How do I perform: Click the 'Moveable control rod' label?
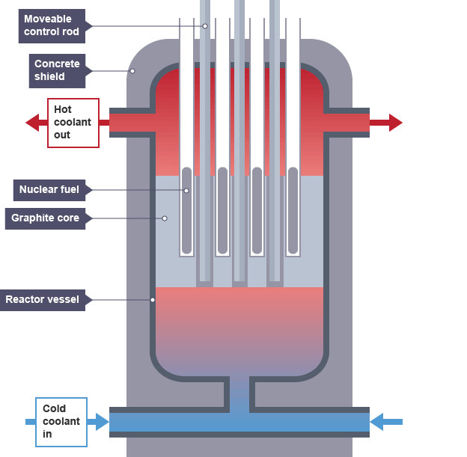pos(52,25)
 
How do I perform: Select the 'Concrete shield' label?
pos(57,70)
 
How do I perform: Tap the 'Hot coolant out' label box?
pos(73,123)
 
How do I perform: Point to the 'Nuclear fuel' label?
pos(49,190)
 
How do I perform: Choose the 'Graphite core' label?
pos(46,218)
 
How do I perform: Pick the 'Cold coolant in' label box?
pos(61,422)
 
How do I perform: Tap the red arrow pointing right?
pos(395,123)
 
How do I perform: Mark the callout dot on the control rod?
pos(205,26)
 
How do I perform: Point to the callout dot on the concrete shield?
pos(132,71)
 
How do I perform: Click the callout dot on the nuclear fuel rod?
pos(186,190)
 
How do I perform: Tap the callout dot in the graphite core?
pos(165,218)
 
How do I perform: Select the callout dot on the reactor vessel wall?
pos(153,300)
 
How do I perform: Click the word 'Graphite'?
pos(31,218)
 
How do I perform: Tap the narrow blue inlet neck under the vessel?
pos(239,393)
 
